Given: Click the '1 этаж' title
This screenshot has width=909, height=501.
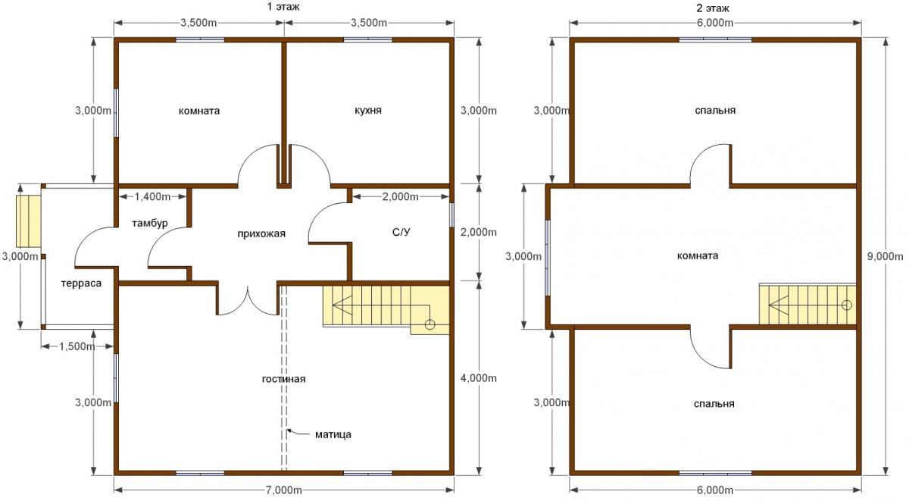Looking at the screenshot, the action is pyautogui.click(x=283, y=7).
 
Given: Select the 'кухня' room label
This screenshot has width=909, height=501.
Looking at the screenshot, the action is pyautogui.click(x=368, y=111).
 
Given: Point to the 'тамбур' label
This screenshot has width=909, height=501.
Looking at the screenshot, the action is pyautogui.click(x=150, y=224).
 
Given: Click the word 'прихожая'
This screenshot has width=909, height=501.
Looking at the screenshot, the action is pyautogui.click(x=261, y=234).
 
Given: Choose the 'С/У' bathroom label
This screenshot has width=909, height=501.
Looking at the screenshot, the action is pyautogui.click(x=401, y=232).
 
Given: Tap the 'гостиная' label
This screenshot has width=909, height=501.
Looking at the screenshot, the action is pyautogui.click(x=283, y=379).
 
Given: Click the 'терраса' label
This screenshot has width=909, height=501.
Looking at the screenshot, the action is pyautogui.click(x=81, y=283).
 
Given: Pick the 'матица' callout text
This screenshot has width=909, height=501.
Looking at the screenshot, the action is pyautogui.click(x=333, y=434).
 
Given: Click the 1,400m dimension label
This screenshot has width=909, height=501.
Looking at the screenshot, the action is pyautogui.click(x=152, y=197).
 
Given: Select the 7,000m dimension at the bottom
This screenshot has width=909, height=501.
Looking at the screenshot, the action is pyautogui.click(x=283, y=490).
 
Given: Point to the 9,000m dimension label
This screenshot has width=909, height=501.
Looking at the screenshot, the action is pyautogui.click(x=885, y=256).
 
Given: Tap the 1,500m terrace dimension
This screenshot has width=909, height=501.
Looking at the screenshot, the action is pyautogui.click(x=77, y=346).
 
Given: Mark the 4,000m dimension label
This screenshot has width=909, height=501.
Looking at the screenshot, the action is pyautogui.click(x=479, y=378).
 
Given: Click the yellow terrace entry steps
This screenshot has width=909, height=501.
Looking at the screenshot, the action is pyautogui.click(x=29, y=221).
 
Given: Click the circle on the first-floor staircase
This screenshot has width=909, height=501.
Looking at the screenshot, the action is pyautogui.click(x=430, y=324).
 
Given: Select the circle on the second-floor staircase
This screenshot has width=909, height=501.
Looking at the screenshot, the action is pyautogui.click(x=847, y=305).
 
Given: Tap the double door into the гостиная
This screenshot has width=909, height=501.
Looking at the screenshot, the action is pyautogui.click(x=248, y=300).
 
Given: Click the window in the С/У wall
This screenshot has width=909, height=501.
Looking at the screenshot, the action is pyautogui.click(x=451, y=214).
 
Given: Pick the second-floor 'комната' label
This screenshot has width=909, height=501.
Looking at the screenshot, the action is pyautogui.click(x=698, y=255).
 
